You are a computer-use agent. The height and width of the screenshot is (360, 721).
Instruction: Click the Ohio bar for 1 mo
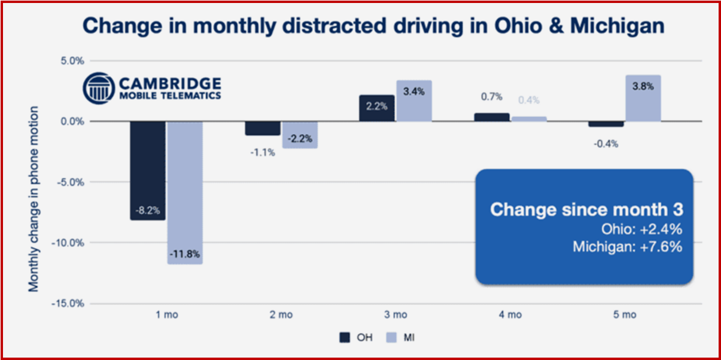pos(147,170)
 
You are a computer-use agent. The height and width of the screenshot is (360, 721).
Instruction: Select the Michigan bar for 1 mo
pos(185,191)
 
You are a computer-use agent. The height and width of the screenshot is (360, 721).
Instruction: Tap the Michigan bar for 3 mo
pos(414,101)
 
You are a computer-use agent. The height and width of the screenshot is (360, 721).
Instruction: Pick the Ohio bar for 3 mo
pos(376,108)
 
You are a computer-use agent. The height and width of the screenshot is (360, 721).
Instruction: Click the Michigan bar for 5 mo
pos(643,99)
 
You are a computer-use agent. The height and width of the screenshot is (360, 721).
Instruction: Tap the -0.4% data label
pos(606,144)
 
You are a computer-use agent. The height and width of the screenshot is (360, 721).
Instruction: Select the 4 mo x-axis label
pos(510,315)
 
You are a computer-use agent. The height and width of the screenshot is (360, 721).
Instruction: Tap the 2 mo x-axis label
pos(280,315)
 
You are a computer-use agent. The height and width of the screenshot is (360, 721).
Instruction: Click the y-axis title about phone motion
pos(34,199)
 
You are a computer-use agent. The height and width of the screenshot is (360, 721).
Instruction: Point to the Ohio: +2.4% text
pos(641,229)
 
